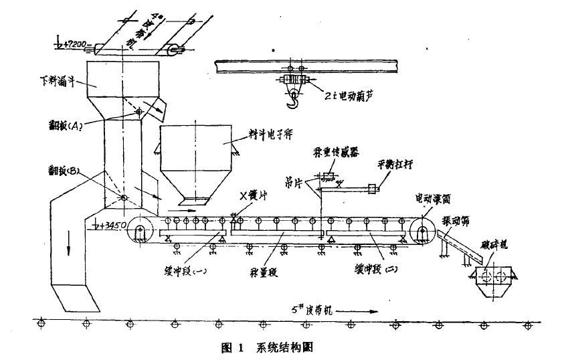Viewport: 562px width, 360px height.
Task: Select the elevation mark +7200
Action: click(x=74, y=45)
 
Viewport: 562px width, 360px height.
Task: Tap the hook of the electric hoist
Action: click(x=292, y=102)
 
